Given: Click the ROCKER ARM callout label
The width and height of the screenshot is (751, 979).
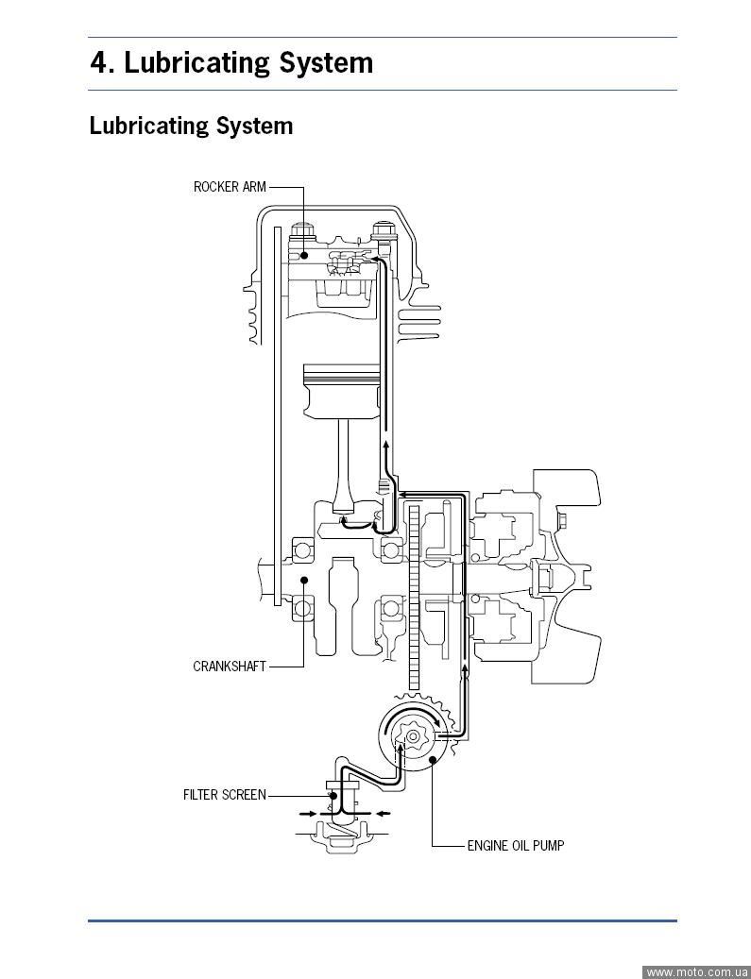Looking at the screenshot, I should click(230, 187).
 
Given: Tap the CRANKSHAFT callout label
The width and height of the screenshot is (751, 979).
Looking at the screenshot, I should click(230, 667).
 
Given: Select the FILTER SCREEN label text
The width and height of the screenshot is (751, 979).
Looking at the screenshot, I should click(225, 795).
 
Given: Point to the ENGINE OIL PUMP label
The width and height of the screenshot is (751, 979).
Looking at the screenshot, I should click(516, 846).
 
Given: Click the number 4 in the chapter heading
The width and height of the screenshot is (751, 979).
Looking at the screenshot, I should click(99, 63).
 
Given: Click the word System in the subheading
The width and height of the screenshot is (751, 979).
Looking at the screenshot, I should click(254, 126).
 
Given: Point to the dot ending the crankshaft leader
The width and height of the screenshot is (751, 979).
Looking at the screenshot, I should click(304, 580).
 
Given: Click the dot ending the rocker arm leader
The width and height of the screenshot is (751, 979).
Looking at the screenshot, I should click(304, 256).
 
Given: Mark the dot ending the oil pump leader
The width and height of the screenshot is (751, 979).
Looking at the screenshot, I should click(432, 759).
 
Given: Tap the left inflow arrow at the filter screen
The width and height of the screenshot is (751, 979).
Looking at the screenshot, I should click(308, 812).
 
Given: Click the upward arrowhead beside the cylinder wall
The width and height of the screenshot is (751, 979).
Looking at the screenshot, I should click(385, 441).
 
